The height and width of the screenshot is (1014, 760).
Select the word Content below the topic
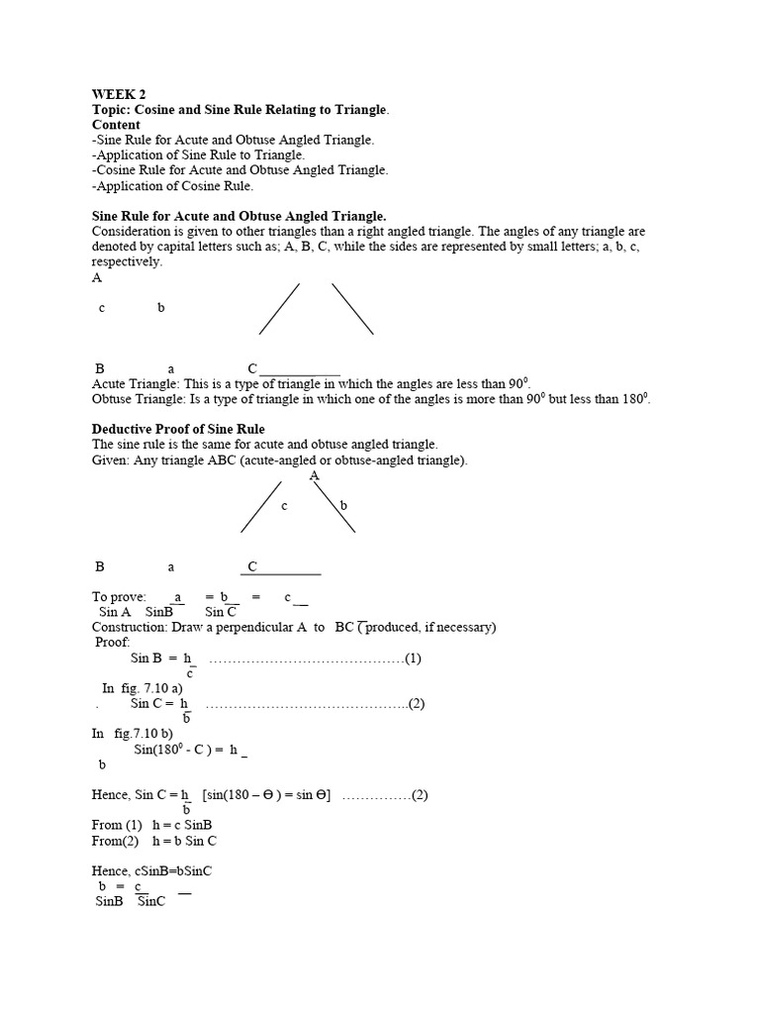pos(116,126)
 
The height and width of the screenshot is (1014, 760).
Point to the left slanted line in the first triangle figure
pos(279,309)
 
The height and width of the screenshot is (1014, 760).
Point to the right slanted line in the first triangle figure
pos(352,309)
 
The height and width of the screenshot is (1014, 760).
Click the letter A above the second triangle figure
pos(315,476)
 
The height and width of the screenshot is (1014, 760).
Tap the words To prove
pos(119,597)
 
